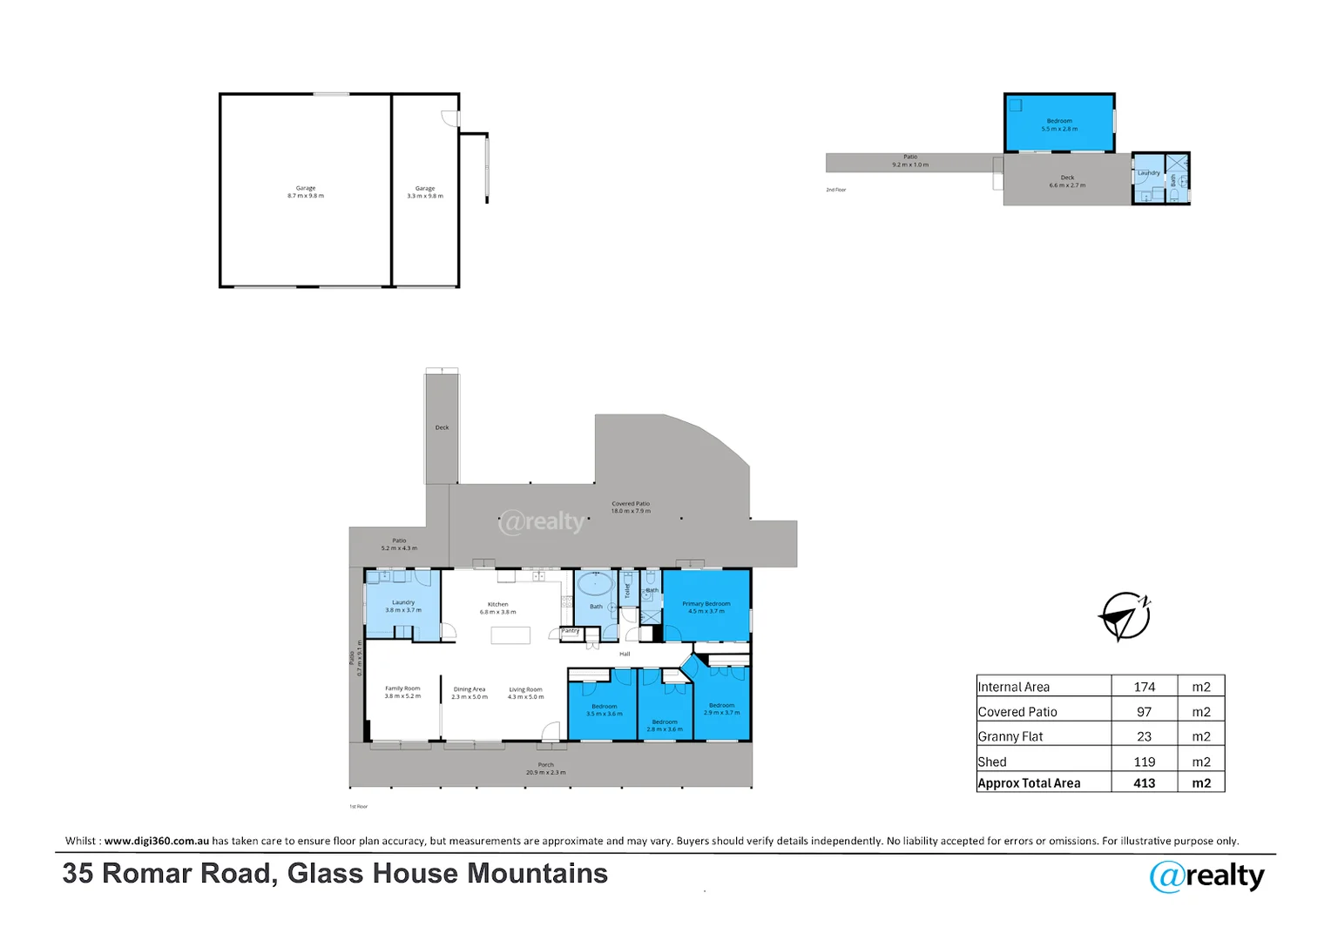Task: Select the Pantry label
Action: pos(570,631)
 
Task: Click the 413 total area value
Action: pos(1144,783)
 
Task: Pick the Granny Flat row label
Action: pos(1010,736)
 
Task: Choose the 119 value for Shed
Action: pos(1144,762)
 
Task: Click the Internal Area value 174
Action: pos(1144,687)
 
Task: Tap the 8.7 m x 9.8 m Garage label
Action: pos(306,192)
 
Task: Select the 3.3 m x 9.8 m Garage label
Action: pos(425,192)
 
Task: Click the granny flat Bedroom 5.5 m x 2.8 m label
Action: pos(1059,124)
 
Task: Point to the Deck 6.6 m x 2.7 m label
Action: pos(1067,181)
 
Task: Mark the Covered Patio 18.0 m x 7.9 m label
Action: pos(631,507)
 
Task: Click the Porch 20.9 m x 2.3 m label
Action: pos(545,769)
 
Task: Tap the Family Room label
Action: pos(402,692)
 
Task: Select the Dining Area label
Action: pos(469,693)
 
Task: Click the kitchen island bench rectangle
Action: pos(510,635)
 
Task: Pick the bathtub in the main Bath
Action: pos(595,583)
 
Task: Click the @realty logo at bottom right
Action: pos(1206,876)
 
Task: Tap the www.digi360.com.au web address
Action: pos(157,841)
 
